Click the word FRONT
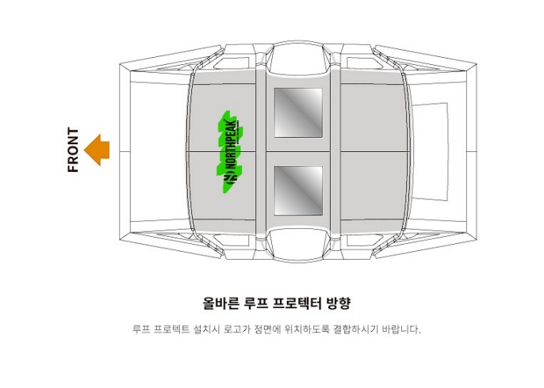73,150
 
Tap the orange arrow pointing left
97,150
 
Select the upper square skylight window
298,112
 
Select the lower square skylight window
298,190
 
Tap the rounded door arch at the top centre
298,55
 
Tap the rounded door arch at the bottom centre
298,245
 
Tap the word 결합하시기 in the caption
357,329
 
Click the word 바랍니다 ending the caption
401,329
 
